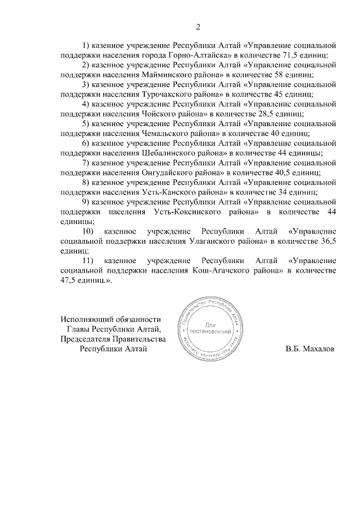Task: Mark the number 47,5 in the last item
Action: (x=68, y=281)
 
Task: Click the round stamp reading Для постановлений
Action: (x=213, y=329)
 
